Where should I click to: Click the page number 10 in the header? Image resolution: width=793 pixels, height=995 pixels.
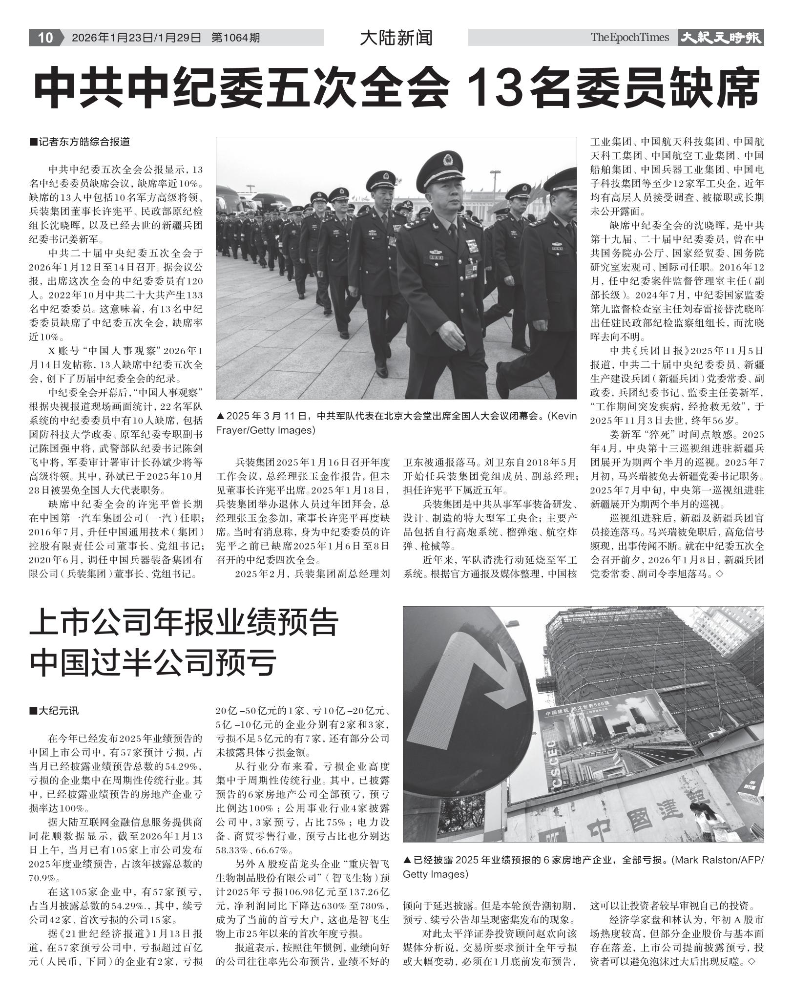point(45,38)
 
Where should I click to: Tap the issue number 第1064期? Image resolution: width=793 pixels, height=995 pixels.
point(235,38)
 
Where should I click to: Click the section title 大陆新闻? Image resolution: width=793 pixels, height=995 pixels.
point(396,38)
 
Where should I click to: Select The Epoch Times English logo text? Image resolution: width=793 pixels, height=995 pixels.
point(629,38)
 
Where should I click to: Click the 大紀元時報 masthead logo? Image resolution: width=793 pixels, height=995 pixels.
point(721,38)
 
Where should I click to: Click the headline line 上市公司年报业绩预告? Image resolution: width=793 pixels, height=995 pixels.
point(184,623)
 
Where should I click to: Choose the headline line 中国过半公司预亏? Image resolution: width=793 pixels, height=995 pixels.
point(153,662)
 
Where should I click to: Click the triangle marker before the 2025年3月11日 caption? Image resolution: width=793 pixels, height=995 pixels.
point(220,417)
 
